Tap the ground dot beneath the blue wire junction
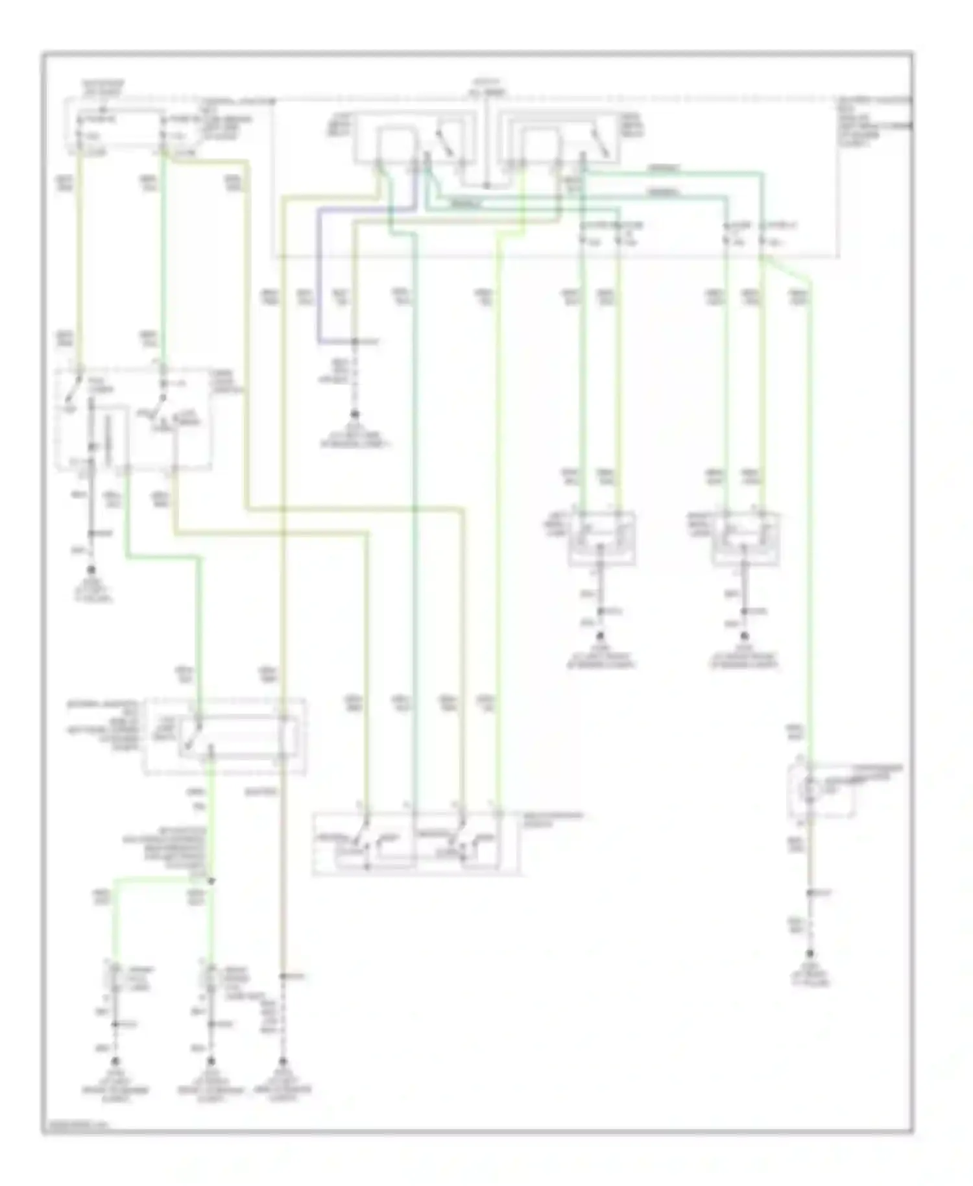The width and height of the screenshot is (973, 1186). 355,413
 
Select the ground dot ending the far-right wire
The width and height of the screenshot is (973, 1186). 810,954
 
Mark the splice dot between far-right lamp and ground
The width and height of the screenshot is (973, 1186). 810,893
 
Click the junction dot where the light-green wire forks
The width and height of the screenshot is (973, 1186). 210,880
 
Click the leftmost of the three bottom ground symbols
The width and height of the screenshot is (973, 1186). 115,1062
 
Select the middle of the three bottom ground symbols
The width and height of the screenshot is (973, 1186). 210,1062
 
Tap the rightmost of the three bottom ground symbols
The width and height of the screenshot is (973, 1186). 282,1062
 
